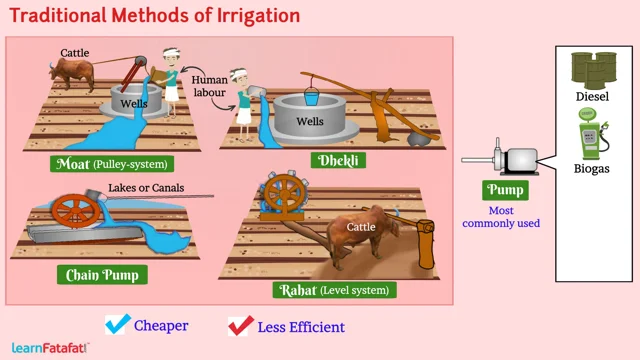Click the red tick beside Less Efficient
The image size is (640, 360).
tap(240, 325)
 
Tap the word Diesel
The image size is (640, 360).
tap(592, 97)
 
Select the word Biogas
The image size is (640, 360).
tap(592, 169)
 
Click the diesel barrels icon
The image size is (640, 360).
tap(592, 68)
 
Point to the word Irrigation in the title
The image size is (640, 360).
tap(244, 16)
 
